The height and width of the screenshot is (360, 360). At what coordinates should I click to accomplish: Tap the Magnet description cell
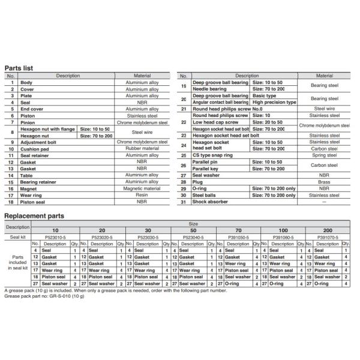[x=28, y=188]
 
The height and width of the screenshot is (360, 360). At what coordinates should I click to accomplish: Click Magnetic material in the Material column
[x=142, y=188]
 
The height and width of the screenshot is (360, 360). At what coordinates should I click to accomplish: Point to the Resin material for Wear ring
[x=142, y=195]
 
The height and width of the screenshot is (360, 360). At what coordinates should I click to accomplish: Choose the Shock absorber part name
[x=210, y=201]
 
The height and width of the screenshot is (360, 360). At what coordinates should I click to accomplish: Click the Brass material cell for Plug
[x=325, y=181]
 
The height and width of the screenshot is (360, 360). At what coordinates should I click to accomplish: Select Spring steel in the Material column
[x=325, y=155]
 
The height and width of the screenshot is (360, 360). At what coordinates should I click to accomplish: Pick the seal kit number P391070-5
[x=329, y=237]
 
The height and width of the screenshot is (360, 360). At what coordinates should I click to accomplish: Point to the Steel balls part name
[x=206, y=194]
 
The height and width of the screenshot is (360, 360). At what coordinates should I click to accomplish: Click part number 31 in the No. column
[x=184, y=201]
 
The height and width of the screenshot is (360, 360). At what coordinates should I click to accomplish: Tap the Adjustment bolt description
[x=40, y=142]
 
